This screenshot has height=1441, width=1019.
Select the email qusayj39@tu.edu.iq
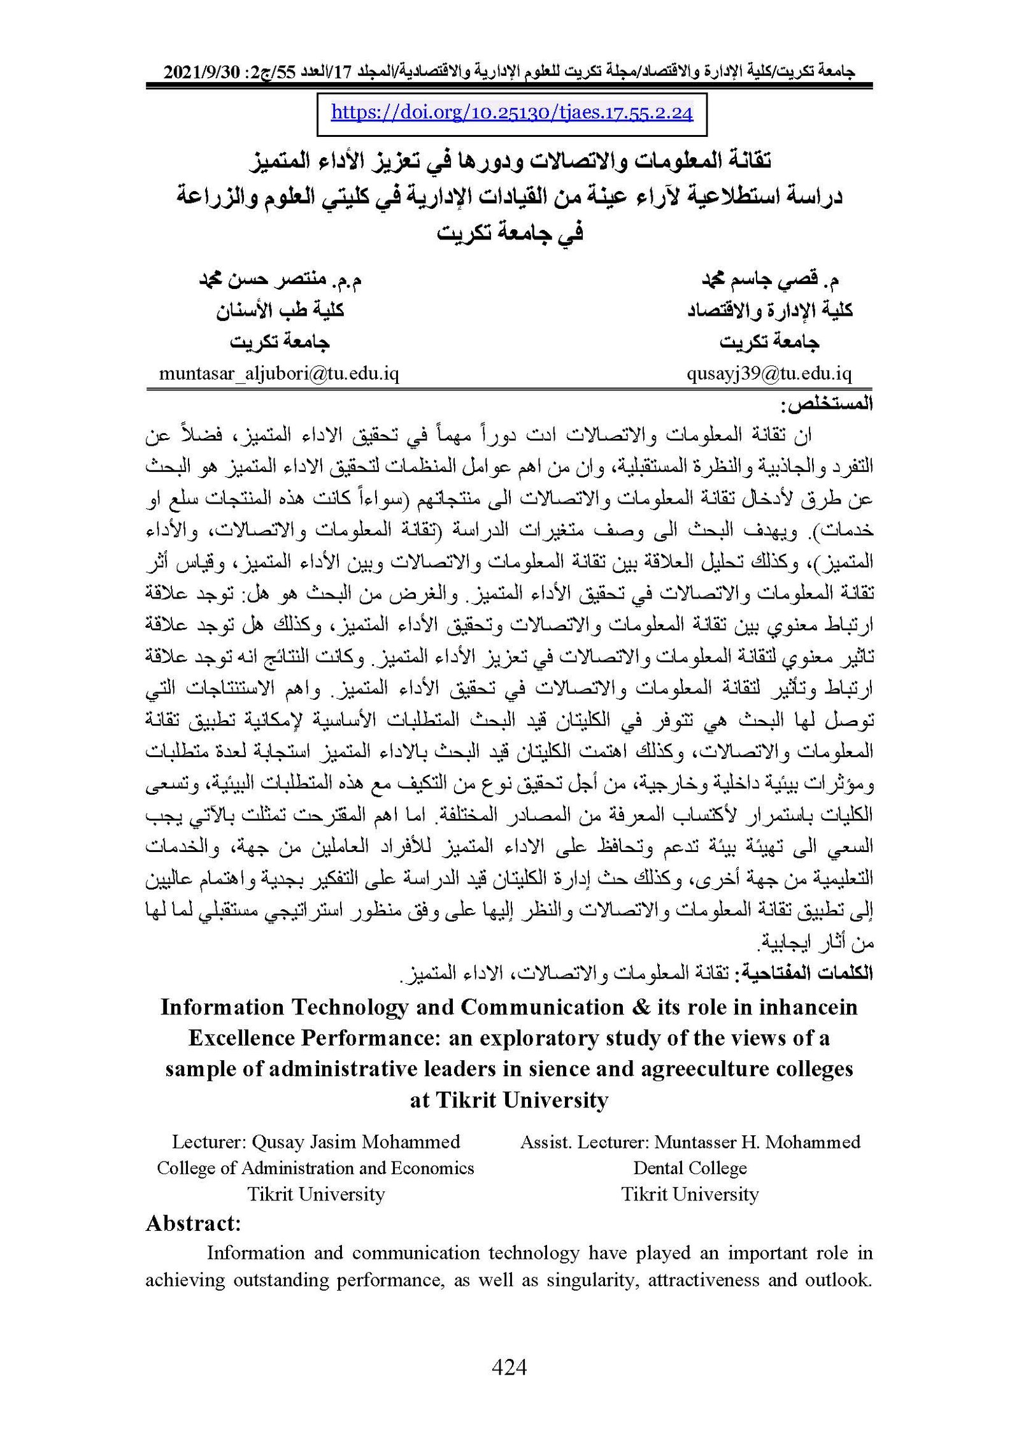click(769, 373)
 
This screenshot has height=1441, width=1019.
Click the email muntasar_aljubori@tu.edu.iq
click(279, 373)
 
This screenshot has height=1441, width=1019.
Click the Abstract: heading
click(193, 1223)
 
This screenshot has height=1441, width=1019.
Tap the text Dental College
click(690, 1168)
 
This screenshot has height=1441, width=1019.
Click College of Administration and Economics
click(315, 1168)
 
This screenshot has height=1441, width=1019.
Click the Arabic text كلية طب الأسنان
click(280, 311)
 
